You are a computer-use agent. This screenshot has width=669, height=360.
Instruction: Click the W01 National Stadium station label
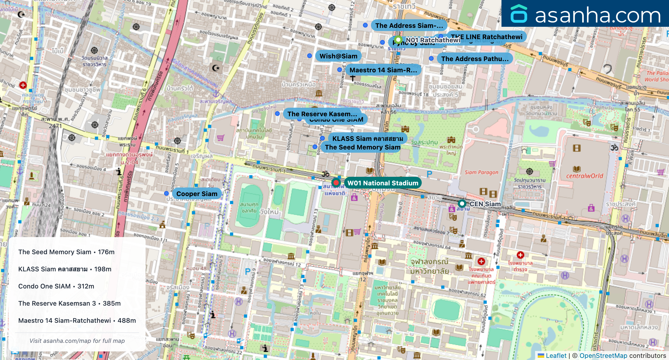[383, 183]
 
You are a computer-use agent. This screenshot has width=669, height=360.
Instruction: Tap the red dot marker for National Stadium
[336, 183]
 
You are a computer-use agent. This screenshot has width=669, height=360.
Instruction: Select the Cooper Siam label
[197, 194]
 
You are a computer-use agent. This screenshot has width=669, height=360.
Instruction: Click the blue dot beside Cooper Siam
[166, 193]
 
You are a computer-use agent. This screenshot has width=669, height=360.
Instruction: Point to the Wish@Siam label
[338, 56]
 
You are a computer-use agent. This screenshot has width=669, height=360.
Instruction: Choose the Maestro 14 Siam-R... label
[383, 70]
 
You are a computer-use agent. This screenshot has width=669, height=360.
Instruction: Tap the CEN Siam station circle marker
[462, 204]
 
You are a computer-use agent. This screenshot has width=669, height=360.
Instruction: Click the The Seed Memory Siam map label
[362, 147]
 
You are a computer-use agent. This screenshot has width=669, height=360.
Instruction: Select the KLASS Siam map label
[367, 138]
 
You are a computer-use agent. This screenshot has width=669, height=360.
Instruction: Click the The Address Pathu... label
[475, 59]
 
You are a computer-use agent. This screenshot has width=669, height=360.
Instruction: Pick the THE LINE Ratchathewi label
[486, 37]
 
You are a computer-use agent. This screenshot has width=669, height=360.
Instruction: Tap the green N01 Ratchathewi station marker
[398, 40]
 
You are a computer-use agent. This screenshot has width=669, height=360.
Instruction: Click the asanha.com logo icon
[519, 14]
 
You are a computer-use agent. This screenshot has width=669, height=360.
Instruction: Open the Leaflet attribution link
[556, 355]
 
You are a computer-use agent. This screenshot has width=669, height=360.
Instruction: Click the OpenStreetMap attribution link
[603, 355]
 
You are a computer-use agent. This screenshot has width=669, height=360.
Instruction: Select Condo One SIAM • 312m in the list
[56, 286]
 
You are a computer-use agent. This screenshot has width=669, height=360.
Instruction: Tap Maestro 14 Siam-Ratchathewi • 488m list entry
[77, 320]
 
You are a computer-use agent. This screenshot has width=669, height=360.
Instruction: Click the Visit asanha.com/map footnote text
[77, 341]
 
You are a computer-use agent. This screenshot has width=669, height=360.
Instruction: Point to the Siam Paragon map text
[481, 172]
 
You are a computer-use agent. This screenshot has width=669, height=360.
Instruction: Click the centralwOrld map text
[584, 176]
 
